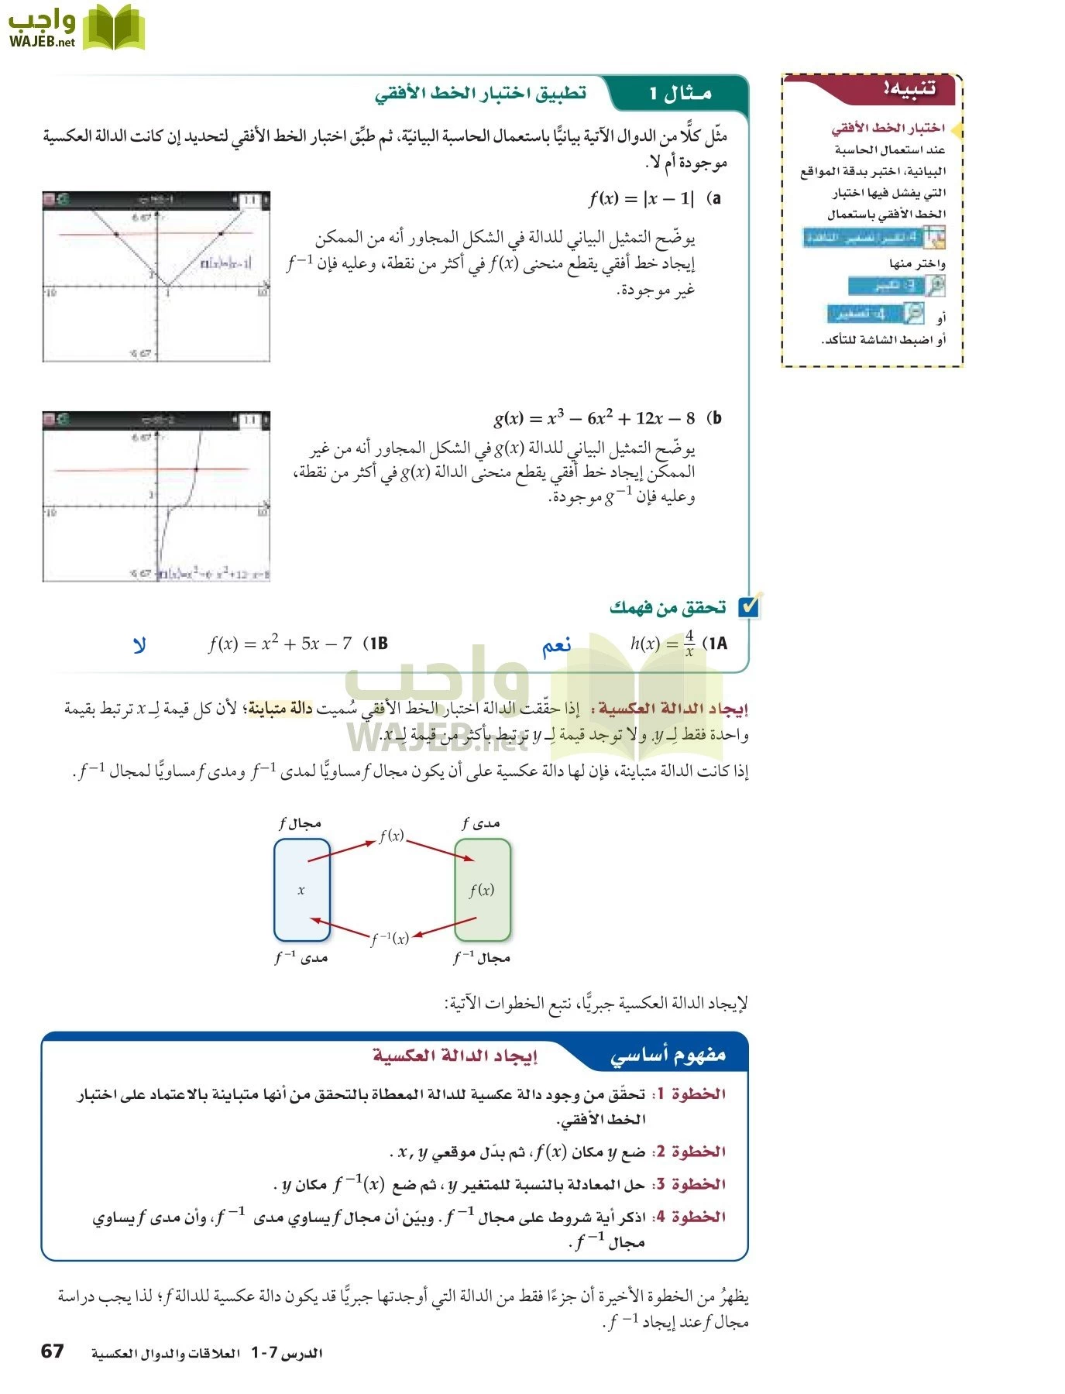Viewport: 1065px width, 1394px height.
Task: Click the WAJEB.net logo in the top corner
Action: (x=76, y=28)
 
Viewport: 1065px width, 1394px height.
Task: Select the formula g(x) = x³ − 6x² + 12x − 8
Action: (x=594, y=418)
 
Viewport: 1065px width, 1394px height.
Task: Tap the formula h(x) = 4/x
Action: (x=662, y=644)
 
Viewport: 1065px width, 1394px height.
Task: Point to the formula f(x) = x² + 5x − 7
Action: (x=280, y=644)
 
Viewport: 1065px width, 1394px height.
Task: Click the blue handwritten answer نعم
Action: (x=556, y=645)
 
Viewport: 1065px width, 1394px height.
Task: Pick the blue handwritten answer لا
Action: (x=139, y=645)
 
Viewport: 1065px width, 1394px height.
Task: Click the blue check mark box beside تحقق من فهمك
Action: (x=749, y=607)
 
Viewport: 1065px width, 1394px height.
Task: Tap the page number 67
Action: (x=52, y=1351)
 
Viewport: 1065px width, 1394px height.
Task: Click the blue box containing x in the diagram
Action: (x=301, y=890)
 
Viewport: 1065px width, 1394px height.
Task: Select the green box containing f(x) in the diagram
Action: (x=482, y=890)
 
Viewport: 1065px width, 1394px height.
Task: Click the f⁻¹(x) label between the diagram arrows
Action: (x=390, y=939)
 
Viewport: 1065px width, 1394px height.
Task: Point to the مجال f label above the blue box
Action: (x=301, y=823)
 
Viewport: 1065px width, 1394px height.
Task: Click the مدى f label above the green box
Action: (x=481, y=823)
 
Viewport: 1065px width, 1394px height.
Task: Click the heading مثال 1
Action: (x=680, y=94)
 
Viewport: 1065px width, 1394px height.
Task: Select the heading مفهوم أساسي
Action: (x=668, y=1055)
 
